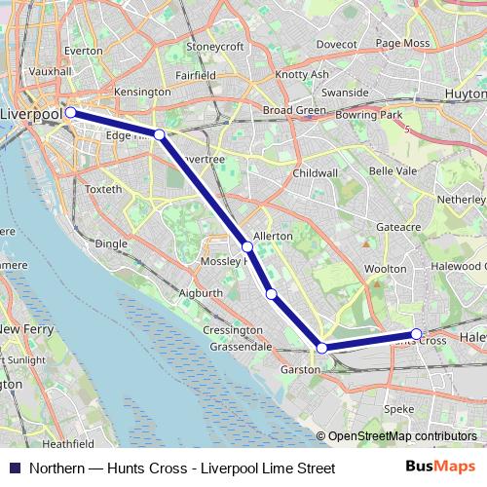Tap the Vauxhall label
[51, 71]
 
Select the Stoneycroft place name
[213, 46]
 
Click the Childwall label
[315, 172]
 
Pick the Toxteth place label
[104, 188]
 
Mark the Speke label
[398, 409]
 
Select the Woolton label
[384, 268]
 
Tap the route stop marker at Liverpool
[71, 113]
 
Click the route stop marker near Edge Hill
[159, 133]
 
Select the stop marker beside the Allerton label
[247, 247]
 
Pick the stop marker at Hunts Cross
[417, 334]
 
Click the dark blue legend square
[14, 468]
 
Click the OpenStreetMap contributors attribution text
[402, 437]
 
